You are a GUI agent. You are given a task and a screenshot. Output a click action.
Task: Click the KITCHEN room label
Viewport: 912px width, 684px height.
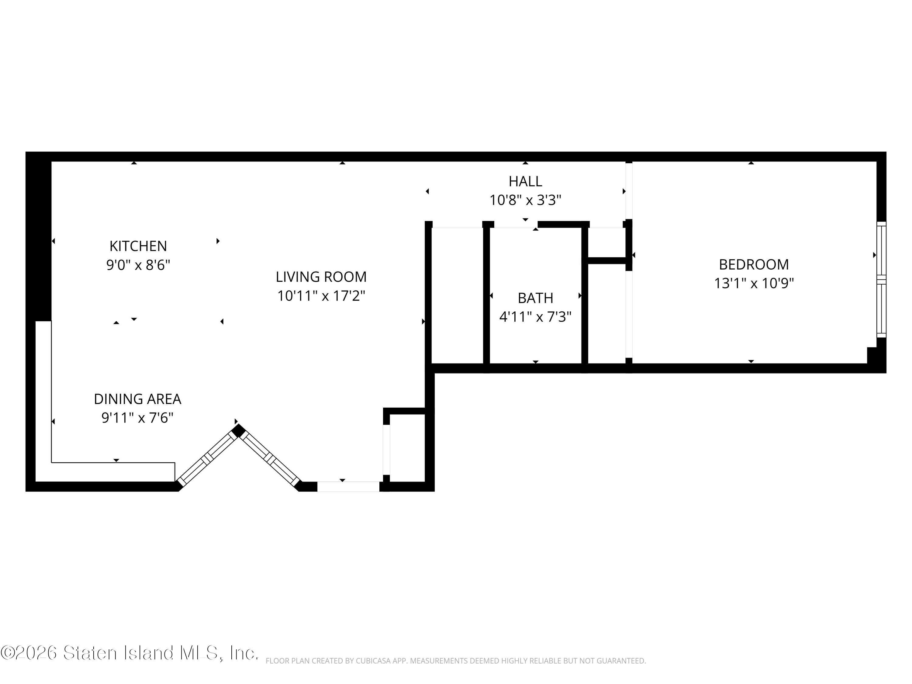[138, 246]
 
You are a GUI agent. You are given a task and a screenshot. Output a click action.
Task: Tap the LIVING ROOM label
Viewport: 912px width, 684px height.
[321, 277]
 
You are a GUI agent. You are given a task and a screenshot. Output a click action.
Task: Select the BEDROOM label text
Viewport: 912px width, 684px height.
[754, 264]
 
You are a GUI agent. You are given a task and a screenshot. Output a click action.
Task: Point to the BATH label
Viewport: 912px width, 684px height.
[535, 298]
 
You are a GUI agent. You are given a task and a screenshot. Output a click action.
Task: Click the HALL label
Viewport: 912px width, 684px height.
[525, 181]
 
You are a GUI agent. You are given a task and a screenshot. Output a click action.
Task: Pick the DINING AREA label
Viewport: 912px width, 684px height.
[137, 399]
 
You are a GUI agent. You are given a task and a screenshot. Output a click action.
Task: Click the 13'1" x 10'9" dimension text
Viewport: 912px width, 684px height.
[754, 283]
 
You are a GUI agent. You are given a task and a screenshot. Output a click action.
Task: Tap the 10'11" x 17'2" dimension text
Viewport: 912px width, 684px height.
[321, 295]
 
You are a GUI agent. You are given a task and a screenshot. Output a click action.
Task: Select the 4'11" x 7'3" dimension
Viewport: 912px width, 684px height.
[535, 317]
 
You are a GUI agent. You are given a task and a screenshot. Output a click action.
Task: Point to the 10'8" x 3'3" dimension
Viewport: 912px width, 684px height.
[525, 200]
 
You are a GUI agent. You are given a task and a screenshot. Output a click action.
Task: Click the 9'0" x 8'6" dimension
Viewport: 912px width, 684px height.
[138, 265]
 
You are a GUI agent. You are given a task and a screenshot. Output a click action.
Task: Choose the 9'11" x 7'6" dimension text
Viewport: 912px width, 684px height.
[137, 418]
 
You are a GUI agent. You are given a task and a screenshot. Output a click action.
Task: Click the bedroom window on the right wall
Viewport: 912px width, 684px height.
[881, 280]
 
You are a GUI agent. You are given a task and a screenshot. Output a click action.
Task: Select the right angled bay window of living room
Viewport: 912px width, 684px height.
[270, 458]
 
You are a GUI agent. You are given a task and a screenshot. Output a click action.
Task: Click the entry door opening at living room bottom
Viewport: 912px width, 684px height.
[348, 486]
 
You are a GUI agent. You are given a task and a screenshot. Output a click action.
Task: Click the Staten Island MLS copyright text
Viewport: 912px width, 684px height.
[130, 653]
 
